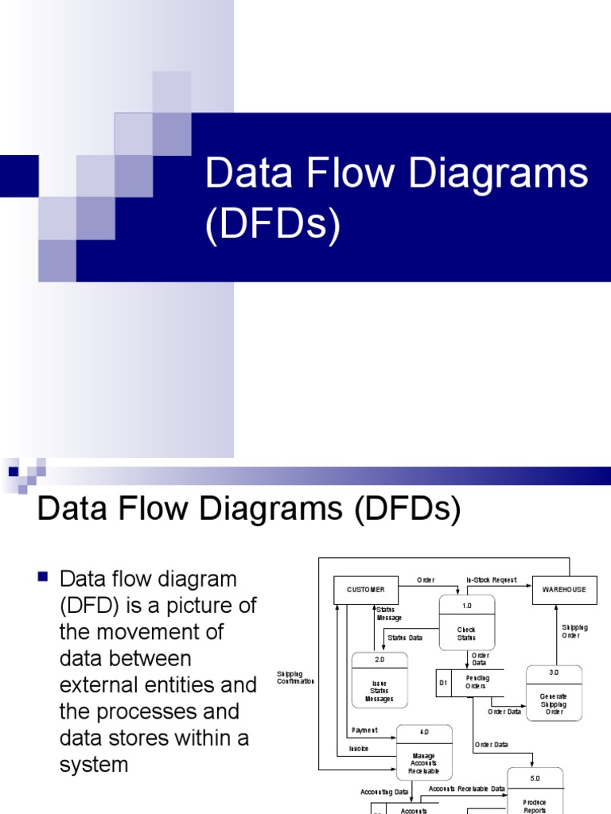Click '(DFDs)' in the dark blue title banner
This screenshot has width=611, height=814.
click(273, 225)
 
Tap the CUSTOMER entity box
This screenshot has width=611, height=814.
click(365, 590)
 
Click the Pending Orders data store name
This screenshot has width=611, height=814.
click(477, 682)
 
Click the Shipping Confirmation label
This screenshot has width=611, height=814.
click(296, 677)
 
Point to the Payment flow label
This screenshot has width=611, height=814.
click(364, 730)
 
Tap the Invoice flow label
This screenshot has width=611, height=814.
click(359, 749)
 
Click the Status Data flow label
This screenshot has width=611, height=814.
click(405, 638)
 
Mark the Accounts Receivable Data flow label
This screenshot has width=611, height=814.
click(467, 789)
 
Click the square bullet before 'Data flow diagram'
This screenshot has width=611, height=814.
click(45, 576)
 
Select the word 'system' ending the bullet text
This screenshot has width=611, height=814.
click(94, 765)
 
